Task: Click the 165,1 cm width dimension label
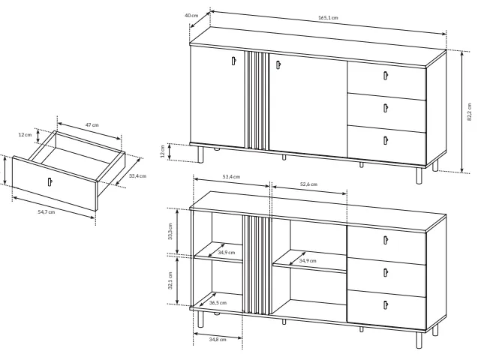[328, 18]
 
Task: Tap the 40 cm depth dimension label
[191, 15]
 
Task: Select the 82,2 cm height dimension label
[469, 112]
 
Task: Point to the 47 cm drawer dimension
[92, 125]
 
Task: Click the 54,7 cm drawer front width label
[47, 212]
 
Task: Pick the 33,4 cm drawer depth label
[137, 176]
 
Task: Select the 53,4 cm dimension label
[231, 177]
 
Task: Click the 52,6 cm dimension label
[308, 184]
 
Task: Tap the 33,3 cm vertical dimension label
[170, 231]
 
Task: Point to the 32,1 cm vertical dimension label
[170, 280]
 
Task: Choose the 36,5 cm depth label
[218, 302]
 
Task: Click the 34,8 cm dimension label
[218, 340]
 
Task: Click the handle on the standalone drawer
[50, 181]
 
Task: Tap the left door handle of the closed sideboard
[233, 61]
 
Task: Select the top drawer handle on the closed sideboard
[386, 76]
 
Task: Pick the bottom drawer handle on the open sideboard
[386, 304]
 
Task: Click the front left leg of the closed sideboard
[200, 154]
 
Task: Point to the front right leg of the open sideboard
[419, 340]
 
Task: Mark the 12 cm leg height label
[163, 151]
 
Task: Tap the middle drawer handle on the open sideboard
[386, 272]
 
